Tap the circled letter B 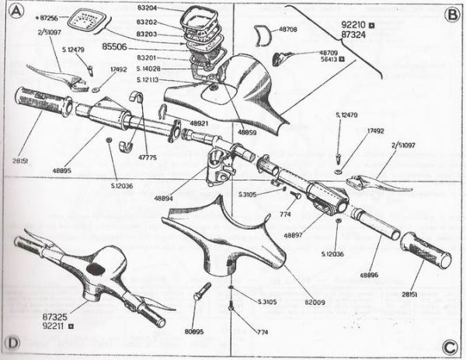point(451,14)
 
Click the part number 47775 point(146,157)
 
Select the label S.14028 point(150,68)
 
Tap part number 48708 point(287,29)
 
